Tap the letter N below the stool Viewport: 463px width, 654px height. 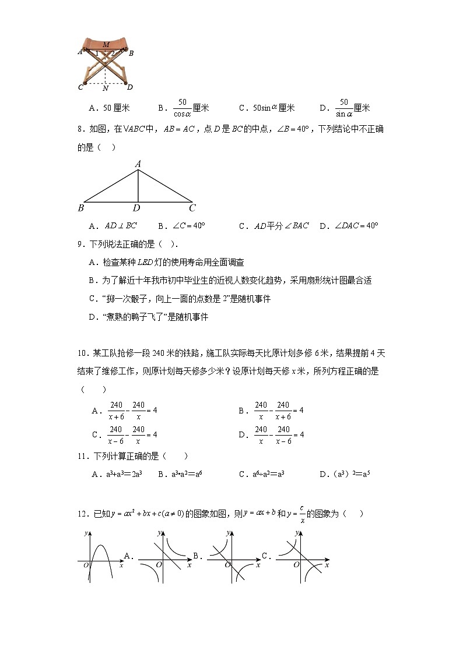coord(105,89)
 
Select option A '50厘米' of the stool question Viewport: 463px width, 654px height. coord(109,108)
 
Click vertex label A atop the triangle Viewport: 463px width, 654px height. coord(138,164)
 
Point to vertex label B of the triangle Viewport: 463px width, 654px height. coord(80,208)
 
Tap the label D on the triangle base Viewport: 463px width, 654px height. coord(136,208)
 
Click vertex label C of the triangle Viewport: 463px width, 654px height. coord(192,208)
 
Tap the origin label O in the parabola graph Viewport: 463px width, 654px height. coord(85,565)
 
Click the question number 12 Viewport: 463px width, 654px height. coord(82,514)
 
